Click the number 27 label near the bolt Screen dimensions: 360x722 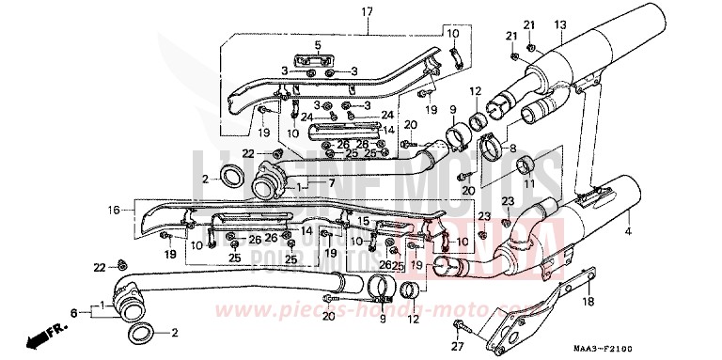[459, 348]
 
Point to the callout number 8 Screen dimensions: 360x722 [513, 149]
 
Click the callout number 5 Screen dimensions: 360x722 [317, 45]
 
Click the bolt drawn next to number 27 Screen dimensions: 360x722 [459, 328]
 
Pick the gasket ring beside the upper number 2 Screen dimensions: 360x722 [229, 174]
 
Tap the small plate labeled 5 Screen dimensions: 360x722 [317, 62]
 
